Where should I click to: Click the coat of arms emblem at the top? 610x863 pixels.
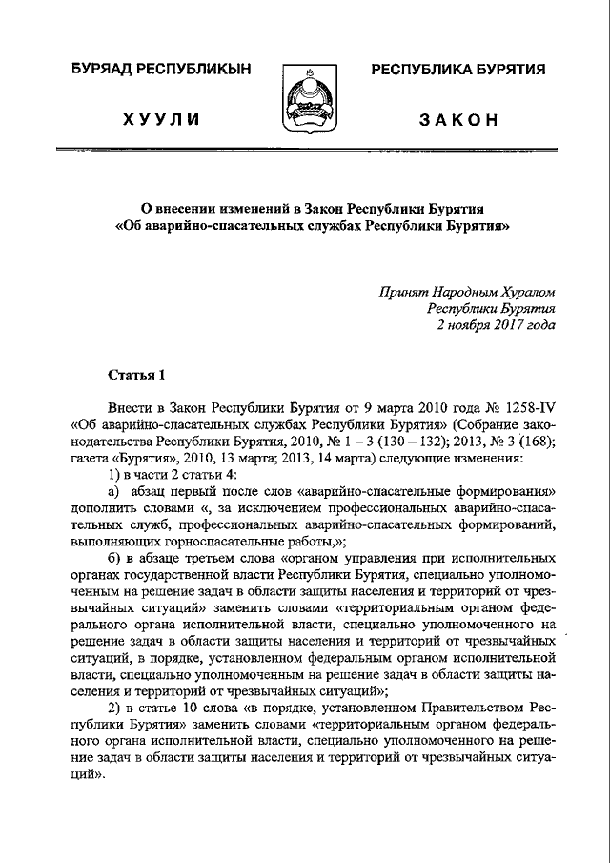click(305, 99)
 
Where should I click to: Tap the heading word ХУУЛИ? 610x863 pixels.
click(160, 120)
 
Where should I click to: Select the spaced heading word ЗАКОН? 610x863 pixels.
click(459, 120)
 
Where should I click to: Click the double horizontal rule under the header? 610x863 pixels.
click(305, 151)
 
